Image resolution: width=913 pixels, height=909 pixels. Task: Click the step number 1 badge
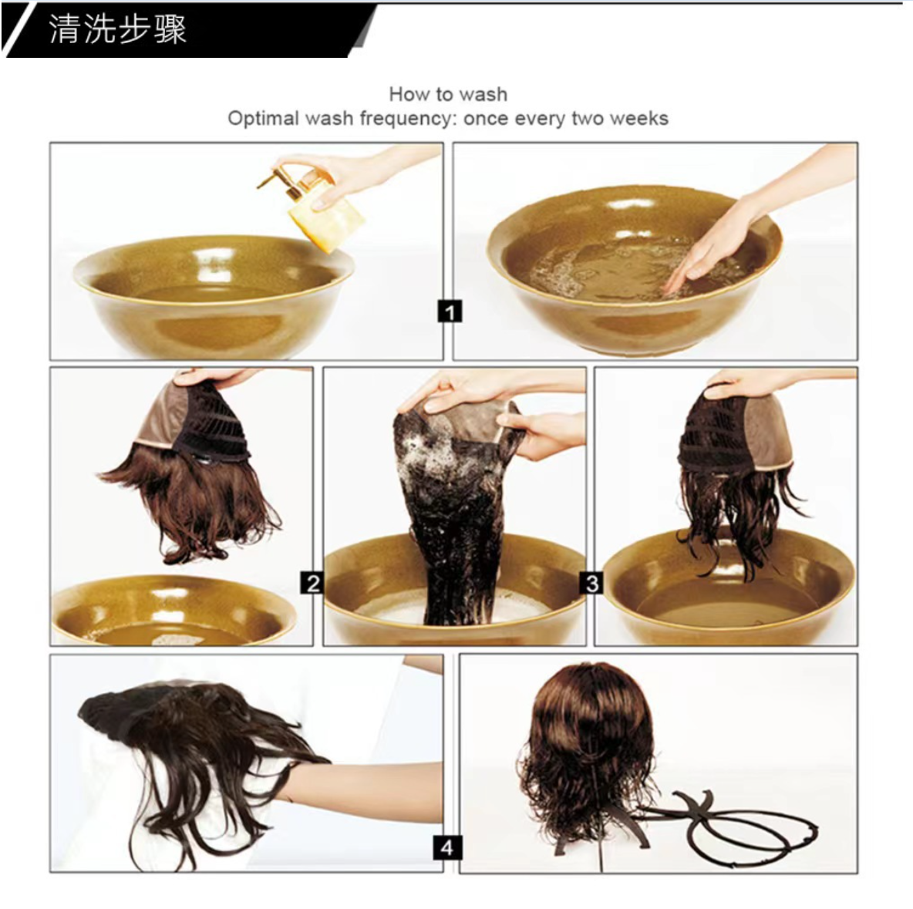449,311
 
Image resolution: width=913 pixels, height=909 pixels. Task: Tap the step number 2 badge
312,582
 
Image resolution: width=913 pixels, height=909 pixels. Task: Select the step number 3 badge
591,582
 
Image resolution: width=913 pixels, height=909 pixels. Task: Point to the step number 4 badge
446,847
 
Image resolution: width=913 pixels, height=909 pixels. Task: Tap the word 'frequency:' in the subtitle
408,118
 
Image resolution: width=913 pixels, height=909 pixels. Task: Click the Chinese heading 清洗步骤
118,29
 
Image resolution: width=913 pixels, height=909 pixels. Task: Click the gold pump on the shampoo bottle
279,177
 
